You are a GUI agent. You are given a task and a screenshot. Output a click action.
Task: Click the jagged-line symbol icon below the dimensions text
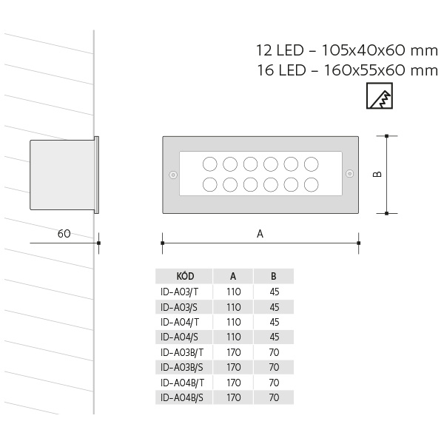click(x=380, y=95)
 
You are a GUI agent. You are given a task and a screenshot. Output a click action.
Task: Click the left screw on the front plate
click(x=173, y=175)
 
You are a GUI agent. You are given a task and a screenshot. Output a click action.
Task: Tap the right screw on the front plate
click(x=350, y=173)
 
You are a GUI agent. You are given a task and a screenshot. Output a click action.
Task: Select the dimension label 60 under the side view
click(x=64, y=234)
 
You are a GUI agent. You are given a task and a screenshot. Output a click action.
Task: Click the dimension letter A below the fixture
click(x=260, y=234)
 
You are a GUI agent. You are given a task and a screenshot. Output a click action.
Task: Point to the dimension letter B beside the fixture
click(x=377, y=174)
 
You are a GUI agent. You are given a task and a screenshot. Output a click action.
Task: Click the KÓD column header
click(x=185, y=276)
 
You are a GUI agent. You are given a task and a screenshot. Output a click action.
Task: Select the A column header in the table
click(x=233, y=276)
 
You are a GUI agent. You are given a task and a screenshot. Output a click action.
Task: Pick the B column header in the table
click(x=274, y=276)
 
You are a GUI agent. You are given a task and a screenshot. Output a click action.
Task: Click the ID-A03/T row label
click(x=179, y=292)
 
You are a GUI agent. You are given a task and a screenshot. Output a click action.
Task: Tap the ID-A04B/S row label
click(x=182, y=397)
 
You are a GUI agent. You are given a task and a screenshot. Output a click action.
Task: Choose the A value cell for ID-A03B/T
click(x=234, y=352)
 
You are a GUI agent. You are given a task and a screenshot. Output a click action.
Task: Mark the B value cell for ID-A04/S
click(x=275, y=337)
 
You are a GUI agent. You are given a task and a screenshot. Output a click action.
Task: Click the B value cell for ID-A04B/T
click(x=274, y=383)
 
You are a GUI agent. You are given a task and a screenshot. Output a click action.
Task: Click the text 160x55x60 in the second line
click(x=365, y=70)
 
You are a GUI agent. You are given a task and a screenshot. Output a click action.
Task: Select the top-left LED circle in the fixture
click(x=210, y=164)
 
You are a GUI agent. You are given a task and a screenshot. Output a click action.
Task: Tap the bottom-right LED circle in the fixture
click(x=312, y=184)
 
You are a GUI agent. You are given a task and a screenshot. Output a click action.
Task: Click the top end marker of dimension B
click(x=387, y=136)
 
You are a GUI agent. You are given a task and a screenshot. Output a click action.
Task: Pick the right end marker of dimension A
click(x=359, y=243)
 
